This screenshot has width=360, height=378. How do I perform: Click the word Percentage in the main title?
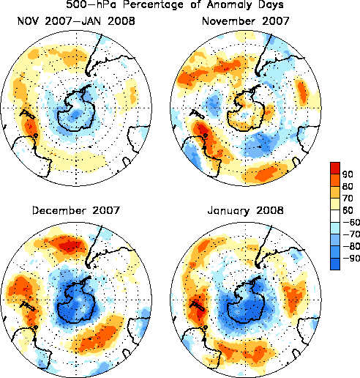(153, 4)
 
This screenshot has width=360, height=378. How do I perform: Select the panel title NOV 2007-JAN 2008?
(76, 21)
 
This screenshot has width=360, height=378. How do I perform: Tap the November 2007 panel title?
(245, 21)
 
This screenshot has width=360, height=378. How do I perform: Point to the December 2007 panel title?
(76, 210)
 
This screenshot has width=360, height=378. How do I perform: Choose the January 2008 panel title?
(245, 211)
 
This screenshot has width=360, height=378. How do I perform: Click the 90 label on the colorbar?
(348, 174)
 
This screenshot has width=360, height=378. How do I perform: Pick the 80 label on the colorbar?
(348, 186)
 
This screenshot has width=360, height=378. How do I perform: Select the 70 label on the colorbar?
(348, 198)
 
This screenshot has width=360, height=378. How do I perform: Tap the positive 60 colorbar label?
(348, 210)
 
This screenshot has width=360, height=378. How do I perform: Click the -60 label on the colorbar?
(351, 222)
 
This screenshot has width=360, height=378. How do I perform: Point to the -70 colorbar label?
(351, 234)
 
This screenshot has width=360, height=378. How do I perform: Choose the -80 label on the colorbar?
(351, 246)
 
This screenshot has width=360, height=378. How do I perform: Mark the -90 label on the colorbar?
(351, 258)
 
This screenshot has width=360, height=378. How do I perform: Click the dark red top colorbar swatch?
(335, 168)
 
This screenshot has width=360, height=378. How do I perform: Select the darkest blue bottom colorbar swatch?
(335, 264)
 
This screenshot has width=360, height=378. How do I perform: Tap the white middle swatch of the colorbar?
(335, 216)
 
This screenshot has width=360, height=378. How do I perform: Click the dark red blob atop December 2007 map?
(70, 245)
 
